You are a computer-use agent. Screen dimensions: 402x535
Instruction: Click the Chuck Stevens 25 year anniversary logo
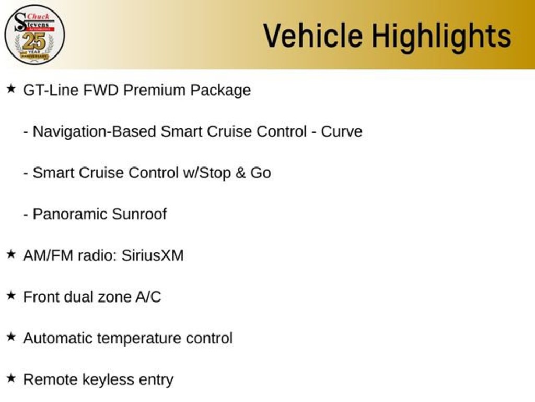(34, 35)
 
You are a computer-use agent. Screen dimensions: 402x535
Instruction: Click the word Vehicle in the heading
(312, 36)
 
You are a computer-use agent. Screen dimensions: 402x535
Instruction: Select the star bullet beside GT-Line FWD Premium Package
(11, 89)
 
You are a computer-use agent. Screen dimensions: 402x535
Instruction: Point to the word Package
(220, 91)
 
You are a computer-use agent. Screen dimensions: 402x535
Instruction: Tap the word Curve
(341, 131)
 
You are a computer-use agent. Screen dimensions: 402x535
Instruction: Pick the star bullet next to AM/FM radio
(11, 254)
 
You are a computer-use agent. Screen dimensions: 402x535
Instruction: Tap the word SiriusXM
(153, 255)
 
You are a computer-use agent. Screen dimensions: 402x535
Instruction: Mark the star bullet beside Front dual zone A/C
(11, 296)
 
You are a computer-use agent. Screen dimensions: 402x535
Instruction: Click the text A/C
(148, 297)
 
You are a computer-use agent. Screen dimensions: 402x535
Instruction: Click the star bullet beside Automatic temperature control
(11, 337)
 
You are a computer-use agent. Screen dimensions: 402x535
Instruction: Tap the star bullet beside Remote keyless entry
(11, 378)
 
